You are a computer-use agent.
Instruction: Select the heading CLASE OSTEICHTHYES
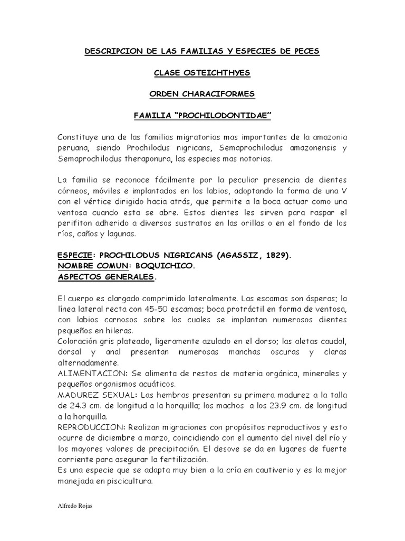[x=202, y=73]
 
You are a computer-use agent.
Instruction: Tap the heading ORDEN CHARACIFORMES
[x=202, y=94]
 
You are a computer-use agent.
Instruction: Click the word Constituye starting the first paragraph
[x=79, y=137]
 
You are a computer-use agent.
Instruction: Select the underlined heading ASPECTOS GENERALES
[x=107, y=277]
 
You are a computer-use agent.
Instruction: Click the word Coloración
[x=80, y=341]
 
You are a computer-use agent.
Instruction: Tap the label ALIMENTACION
[x=88, y=373]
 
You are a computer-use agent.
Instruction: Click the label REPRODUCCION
[x=90, y=427]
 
